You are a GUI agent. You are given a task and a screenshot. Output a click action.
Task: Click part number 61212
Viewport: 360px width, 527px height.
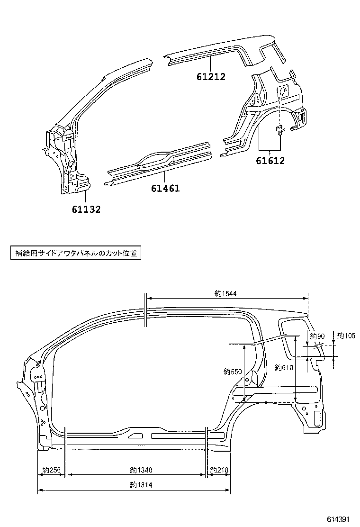[211, 76]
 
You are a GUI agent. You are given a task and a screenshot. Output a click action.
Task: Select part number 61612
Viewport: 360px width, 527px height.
[270, 161]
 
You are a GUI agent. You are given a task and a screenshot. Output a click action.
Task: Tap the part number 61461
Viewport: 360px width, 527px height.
[165, 188]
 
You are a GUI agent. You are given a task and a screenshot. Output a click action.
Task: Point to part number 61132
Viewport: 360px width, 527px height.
[86, 209]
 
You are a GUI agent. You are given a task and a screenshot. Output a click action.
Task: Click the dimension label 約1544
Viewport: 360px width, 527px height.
[225, 294]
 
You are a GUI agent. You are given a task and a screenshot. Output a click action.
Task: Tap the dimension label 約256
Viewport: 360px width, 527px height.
[52, 470]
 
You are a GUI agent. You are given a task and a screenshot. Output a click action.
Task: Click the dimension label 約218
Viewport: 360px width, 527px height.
[219, 470]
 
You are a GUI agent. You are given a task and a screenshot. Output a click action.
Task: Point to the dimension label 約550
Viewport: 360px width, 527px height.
[233, 372]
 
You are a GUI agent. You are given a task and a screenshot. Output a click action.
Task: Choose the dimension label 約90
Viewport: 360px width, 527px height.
[317, 336]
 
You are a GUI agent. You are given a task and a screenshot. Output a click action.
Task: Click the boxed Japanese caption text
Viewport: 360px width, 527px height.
[76, 253]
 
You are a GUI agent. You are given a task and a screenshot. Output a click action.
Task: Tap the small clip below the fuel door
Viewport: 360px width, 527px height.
[280, 129]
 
